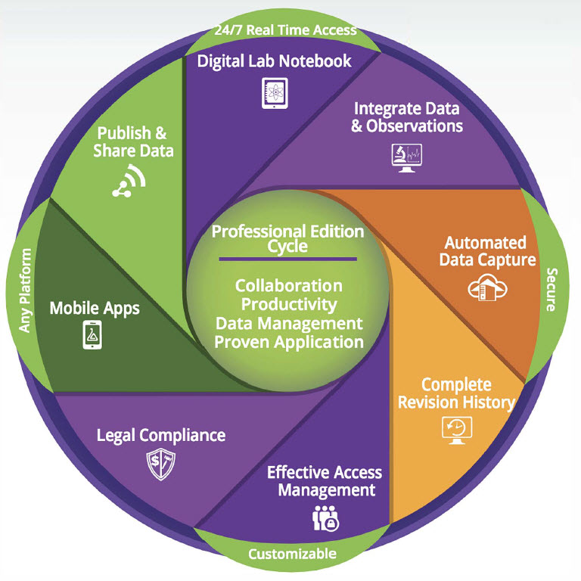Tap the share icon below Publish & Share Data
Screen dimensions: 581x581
(128, 180)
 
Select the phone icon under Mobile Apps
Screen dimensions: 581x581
(92, 334)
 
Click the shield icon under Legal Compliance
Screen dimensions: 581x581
(160, 463)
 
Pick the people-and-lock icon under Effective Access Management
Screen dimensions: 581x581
(324, 518)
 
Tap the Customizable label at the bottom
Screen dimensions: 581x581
(293, 554)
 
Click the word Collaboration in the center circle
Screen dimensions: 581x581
(288, 286)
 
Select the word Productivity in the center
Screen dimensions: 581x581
(288, 304)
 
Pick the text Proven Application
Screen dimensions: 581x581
(288, 342)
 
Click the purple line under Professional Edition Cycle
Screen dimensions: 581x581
(287, 259)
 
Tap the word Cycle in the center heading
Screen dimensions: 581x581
(287, 246)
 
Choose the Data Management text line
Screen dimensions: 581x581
(288, 323)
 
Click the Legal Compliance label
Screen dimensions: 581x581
(161, 435)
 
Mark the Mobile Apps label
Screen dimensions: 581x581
(95, 309)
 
